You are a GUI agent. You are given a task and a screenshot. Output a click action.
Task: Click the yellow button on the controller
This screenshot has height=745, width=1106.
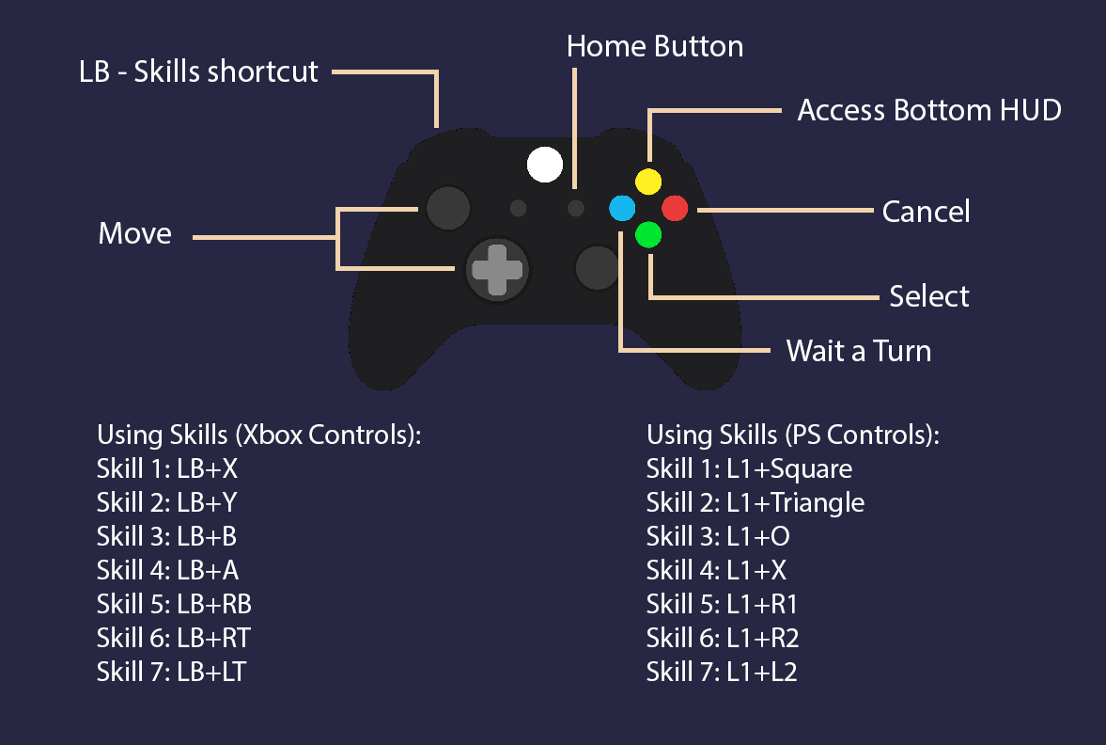point(648,181)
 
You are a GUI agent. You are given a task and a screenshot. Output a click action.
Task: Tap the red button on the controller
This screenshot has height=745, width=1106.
point(676,208)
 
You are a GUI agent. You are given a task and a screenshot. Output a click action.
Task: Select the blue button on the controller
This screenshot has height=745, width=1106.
point(622,208)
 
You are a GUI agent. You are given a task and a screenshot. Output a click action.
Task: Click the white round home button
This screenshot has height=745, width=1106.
point(544,164)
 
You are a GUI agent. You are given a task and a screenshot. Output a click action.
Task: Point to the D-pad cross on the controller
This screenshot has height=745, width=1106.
point(497,269)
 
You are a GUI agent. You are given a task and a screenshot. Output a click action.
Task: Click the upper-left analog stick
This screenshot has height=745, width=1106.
point(448,208)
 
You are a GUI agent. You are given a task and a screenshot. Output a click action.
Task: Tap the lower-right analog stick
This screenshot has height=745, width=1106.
point(597,269)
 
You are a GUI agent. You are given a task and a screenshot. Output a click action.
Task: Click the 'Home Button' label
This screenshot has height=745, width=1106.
point(655,47)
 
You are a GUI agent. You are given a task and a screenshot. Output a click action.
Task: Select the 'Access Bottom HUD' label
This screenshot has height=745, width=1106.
point(929,111)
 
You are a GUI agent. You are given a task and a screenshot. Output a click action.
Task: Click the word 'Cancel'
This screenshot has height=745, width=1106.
point(926,212)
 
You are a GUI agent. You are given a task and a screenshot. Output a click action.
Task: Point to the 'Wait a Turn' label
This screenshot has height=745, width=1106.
point(858,352)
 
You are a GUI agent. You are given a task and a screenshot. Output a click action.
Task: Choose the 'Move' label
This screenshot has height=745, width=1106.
point(135,234)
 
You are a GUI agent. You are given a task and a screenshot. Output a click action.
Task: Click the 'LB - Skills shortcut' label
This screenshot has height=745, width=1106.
point(199,71)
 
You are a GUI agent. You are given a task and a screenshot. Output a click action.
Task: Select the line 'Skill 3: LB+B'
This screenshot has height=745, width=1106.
point(166,536)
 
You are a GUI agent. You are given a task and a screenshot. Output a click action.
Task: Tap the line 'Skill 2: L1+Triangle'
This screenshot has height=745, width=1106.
point(755,502)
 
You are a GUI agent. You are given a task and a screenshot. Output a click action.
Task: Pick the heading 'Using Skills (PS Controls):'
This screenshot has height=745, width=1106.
point(793,436)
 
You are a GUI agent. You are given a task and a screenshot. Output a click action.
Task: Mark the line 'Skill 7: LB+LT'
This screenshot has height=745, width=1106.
point(171,672)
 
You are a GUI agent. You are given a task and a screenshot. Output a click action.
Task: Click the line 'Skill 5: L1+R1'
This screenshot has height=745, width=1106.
point(722,604)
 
